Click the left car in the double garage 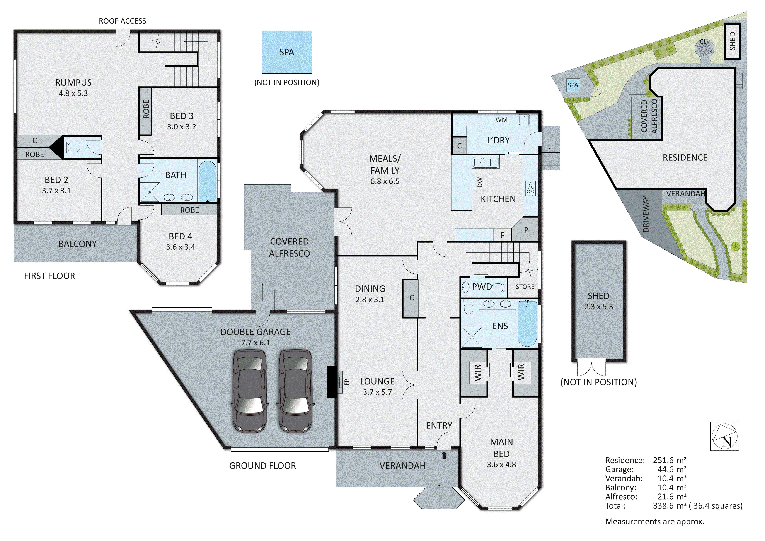coord(249,391)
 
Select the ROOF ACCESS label coord(122,21)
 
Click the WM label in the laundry coord(501,120)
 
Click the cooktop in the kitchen coord(530,189)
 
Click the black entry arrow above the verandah coord(444,455)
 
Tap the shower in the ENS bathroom coord(472,337)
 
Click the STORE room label coord(525,287)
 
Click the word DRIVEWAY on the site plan coord(646,214)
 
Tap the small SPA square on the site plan coord(573,85)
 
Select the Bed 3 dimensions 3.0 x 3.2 coord(182,127)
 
